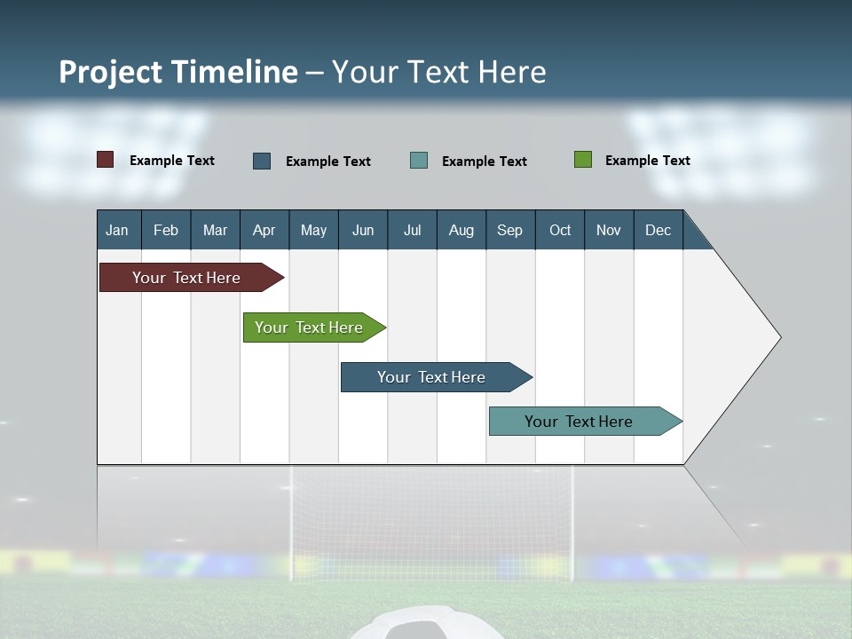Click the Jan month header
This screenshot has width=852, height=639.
click(x=117, y=230)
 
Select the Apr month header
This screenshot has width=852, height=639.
click(x=264, y=230)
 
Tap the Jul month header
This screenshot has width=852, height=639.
click(x=412, y=230)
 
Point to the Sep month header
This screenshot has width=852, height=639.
click(x=509, y=230)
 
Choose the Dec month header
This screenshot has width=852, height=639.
click(x=658, y=230)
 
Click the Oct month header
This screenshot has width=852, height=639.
click(x=560, y=230)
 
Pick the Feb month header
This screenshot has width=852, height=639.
click(x=166, y=230)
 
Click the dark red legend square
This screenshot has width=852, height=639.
click(x=106, y=160)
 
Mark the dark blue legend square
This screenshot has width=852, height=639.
click(x=262, y=161)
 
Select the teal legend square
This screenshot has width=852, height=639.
click(x=419, y=161)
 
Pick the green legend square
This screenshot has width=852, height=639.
click(x=583, y=160)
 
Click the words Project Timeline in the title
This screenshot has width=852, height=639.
click(x=178, y=72)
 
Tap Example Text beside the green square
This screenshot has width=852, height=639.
click(x=647, y=161)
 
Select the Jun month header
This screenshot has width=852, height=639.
click(x=363, y=230)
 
